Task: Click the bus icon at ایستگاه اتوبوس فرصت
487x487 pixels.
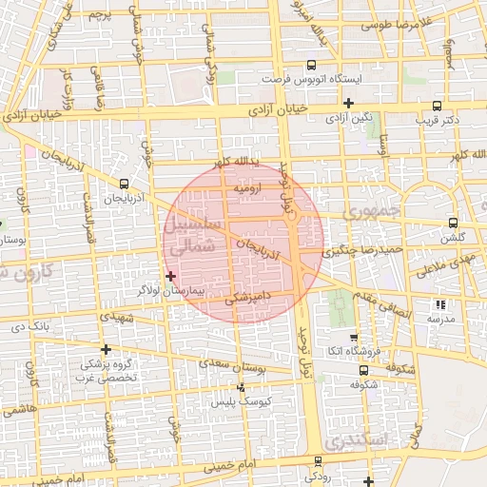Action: tap(311, 67)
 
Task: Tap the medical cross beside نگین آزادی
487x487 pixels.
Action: tap(349, 103)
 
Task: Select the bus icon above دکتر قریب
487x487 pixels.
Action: tap(437, 106)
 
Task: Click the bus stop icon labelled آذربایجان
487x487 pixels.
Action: tap(125, 184)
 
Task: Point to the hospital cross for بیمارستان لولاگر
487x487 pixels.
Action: tap(170, 277)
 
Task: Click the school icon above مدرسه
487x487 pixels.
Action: tap(439, 305)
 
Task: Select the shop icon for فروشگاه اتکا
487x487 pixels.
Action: tap(354, 338)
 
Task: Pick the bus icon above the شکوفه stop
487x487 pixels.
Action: tap(369, 371)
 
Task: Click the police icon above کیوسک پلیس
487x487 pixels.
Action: tap(241, 387)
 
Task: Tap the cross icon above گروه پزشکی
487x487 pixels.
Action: tap(106, 349)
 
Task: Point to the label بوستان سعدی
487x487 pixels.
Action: tap(228, 364)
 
